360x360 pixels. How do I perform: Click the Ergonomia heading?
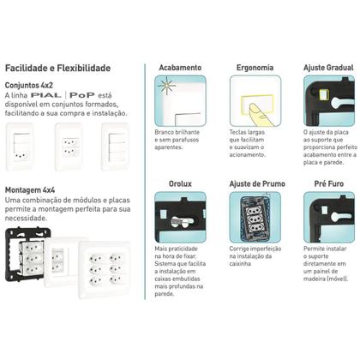(251, 66)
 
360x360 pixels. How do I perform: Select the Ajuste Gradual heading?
(327, 66)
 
